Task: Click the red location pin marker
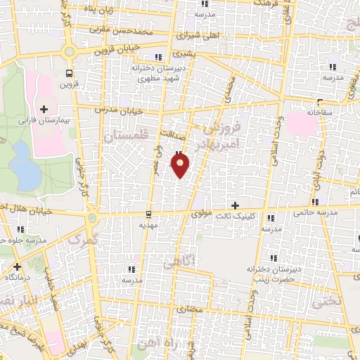tap(181, 165)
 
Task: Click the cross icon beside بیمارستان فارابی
tap(44, 109)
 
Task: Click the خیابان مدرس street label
tap(126, 110)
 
